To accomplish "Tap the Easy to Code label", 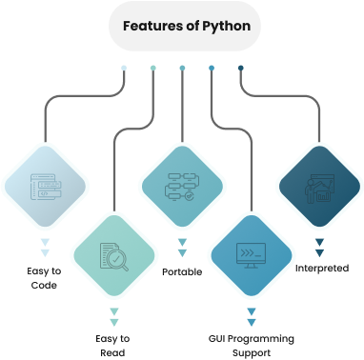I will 43,277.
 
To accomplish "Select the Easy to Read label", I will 114,345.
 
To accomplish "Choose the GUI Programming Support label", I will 251,345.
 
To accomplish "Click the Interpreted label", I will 320,268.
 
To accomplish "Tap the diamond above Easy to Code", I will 43,188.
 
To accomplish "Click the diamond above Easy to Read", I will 113,255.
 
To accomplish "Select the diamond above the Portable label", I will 181,188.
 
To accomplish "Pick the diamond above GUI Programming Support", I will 251,255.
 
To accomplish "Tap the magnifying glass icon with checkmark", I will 113,255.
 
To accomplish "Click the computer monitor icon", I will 251,256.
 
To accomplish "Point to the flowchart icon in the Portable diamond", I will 181,188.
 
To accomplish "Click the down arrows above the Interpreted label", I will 320,249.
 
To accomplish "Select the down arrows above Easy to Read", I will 114,316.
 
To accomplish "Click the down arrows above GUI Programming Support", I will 252,316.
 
